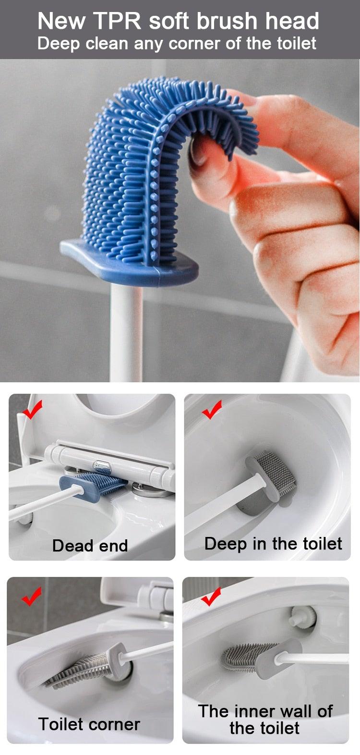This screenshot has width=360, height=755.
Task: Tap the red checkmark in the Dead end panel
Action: (x=32, y=410)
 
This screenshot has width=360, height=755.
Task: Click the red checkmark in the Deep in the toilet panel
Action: (x=211, y=409)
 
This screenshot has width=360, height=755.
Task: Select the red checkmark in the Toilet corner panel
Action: (x=32, y=596)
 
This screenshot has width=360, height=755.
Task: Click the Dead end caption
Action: (x=90, y=546)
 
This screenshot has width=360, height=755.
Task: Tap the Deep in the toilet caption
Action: (x=273, y=544)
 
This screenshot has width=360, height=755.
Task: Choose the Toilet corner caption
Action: (x=89, y=724)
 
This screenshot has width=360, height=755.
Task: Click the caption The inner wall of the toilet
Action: (x=265, y=719)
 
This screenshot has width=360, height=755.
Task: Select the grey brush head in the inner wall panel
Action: (x=242, y=657)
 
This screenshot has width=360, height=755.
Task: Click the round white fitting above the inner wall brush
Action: (x=302, y=617)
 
